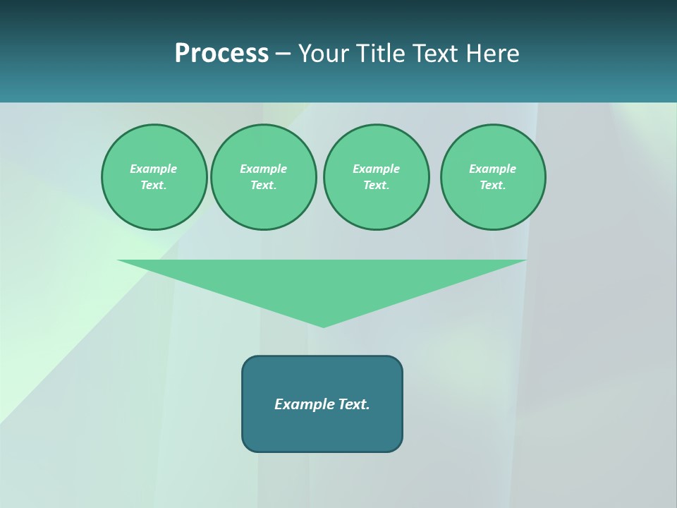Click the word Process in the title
[221, 54]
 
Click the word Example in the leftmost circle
[154, 169]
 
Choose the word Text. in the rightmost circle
[493, 185]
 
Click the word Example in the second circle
[264, 169]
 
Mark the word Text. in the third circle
[377, 185]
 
